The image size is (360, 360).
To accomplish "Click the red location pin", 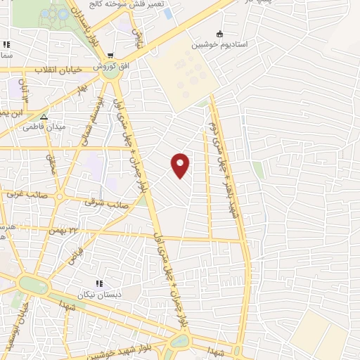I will pyautogui.click(x=181, y=165).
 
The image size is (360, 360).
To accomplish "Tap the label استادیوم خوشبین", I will pyautogui.click(x=219, y=44).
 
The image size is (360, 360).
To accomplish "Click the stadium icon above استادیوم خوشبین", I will pyautogui.click(x=219, y=33).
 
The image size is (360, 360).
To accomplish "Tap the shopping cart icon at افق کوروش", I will pyautogui.click(x=110, y=55).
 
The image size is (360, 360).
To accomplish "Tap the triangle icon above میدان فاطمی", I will pyautogui.click(x=44, y=117).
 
